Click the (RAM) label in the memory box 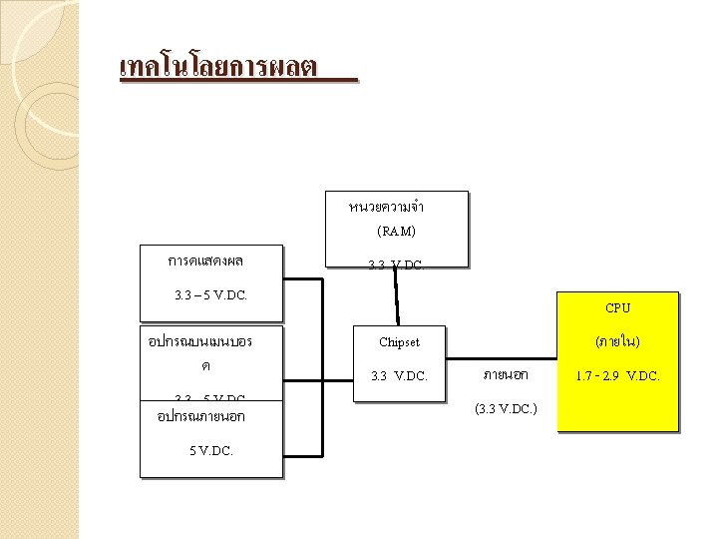tap(397, 231)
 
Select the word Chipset tap(399, 342)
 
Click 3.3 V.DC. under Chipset tap(399, 376)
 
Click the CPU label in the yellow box tap(617, 308)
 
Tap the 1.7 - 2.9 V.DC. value tap(617, 376)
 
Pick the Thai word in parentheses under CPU tap(617, 342)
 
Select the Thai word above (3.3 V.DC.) tap(506, 375)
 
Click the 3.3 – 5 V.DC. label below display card tap(210, 295)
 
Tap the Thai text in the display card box tap(206, 262)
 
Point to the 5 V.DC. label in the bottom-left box tap(210, 450)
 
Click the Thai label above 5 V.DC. tap(201, 416)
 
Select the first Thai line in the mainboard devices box tap(199, 341)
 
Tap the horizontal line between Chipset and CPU tap(499, 355)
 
